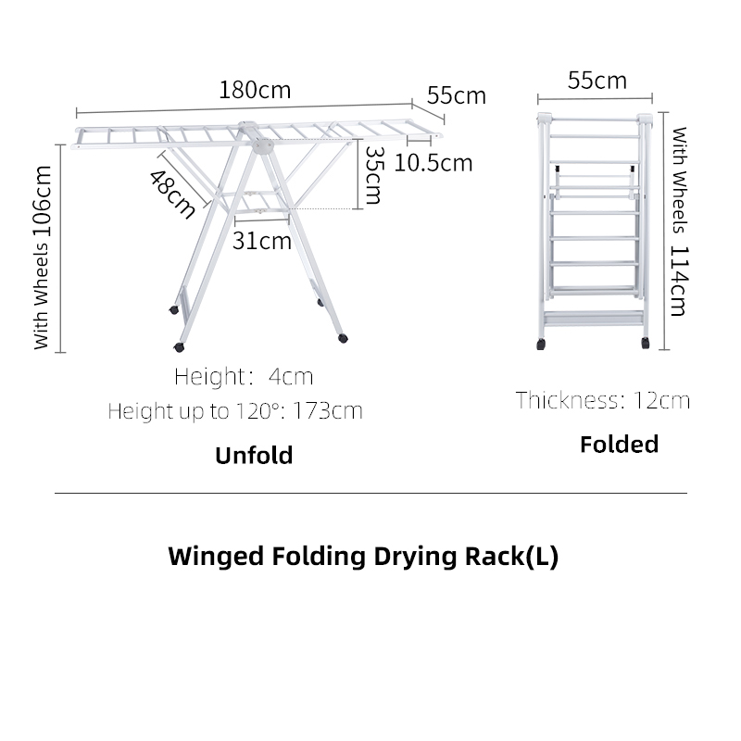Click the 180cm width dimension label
[255, 90]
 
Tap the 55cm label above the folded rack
[597, 81]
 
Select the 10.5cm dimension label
[433, 164]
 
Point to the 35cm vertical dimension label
[374, 175]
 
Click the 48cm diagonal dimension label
[172, 195]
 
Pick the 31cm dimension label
[262, 242]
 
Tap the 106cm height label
[42, 202]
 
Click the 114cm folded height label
[679, 282]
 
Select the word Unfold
[254, 456]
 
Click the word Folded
[619, 445]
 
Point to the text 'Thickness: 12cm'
[603, 401]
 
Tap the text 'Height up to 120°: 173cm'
[235, 410]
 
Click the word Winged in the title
[217, 557]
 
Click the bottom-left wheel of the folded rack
[541, 344]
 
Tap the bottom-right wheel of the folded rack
[645, 343]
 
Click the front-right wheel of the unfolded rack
[343, 338]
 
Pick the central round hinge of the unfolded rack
[263, 146]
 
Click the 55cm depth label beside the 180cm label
[457, 96]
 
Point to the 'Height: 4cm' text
[244, 377]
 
